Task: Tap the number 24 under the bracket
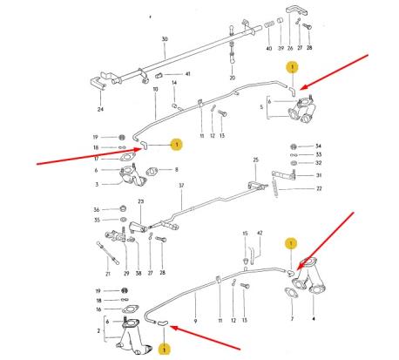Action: (99, 110)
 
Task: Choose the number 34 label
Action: (318, 146)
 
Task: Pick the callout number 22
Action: (319, 188)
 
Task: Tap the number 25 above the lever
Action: (256, 160)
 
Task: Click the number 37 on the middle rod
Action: (181, 186)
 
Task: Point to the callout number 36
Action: (96, 209)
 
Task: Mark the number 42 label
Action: (260, 234)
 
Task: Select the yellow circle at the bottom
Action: (164, 349)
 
